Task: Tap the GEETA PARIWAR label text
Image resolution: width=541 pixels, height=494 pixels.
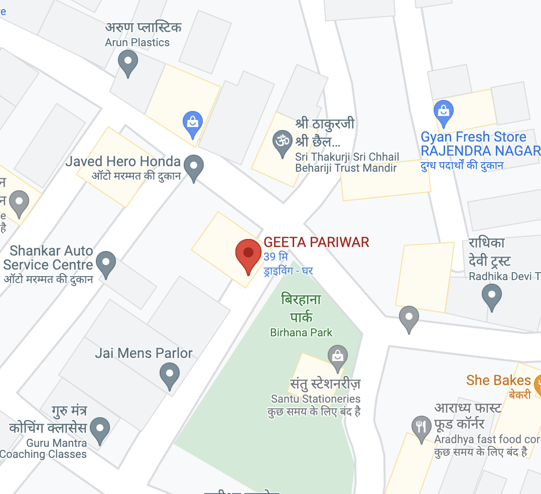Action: pos(316,242)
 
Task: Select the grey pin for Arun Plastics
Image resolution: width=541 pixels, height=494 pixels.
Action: pos(127,64)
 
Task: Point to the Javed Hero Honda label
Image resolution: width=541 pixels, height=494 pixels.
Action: pos(123,162)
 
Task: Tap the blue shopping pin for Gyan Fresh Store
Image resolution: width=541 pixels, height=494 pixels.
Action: pos(443,111)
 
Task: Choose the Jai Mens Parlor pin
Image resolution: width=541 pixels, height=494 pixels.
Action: pos(170,375)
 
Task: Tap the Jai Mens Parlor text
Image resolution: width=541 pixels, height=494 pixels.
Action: pos(144,353)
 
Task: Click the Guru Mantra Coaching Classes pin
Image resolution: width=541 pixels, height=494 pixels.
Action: pos(100,429)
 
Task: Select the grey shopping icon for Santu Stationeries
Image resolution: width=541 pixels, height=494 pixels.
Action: pos(338,355)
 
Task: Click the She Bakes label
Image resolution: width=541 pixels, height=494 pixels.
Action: pos(498,381)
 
